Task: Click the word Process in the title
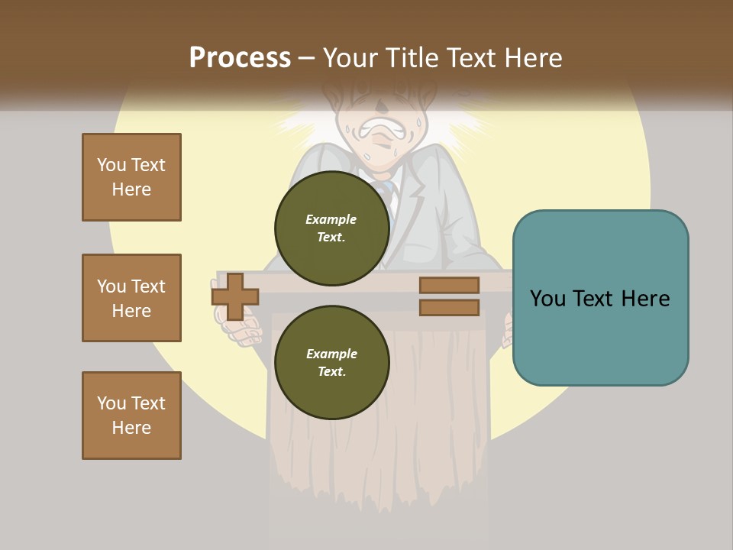240,58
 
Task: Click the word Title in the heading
410,58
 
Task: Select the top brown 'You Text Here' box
131,177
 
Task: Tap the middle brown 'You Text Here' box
131,298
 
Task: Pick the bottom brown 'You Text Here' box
131,416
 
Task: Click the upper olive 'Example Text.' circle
331,228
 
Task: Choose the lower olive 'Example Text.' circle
331,362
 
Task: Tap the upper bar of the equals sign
449,285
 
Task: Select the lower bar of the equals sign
449,307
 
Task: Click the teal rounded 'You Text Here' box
600,298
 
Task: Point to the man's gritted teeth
379,131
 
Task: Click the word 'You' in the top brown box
110,165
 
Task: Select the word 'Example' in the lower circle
331,354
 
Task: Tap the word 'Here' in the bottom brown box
131,428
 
